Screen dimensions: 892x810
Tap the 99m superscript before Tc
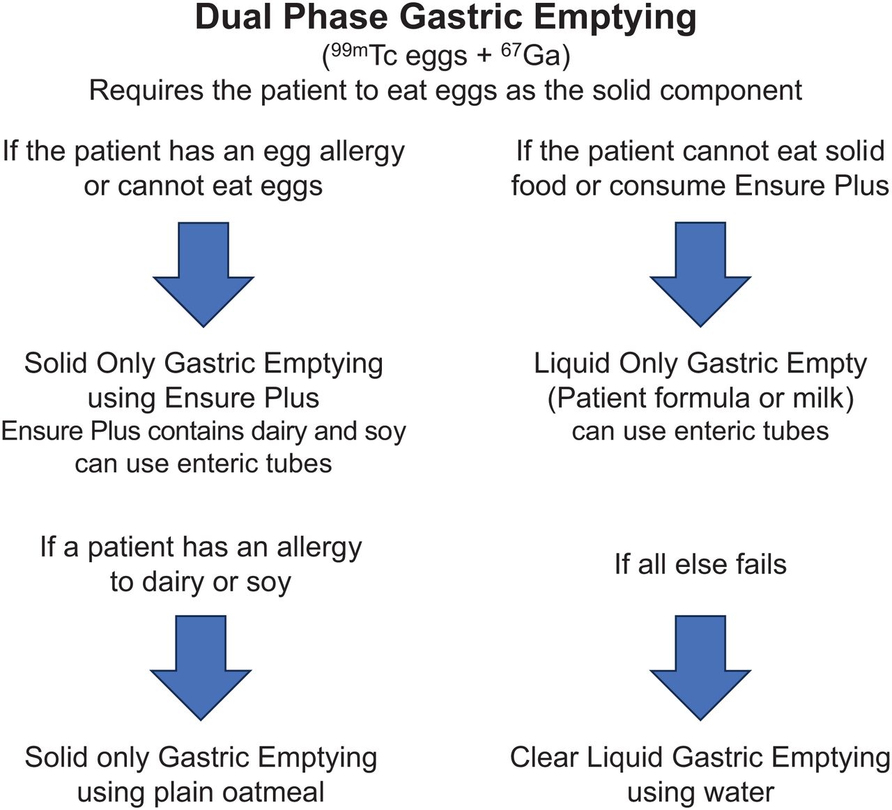pyautogui.click(x=350, y=49)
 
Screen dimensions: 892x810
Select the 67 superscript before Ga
pyautogui.click(x=512, y=49)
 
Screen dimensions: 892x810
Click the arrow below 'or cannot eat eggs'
pyautogui.click(x=203, y=274)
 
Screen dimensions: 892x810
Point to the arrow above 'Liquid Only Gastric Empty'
pyautogui.click(x=700, y=274)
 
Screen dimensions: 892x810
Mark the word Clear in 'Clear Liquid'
pyautogui.click(x=544, y=757)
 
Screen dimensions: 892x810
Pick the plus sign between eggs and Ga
pyautogui.click(x=484, y=56)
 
